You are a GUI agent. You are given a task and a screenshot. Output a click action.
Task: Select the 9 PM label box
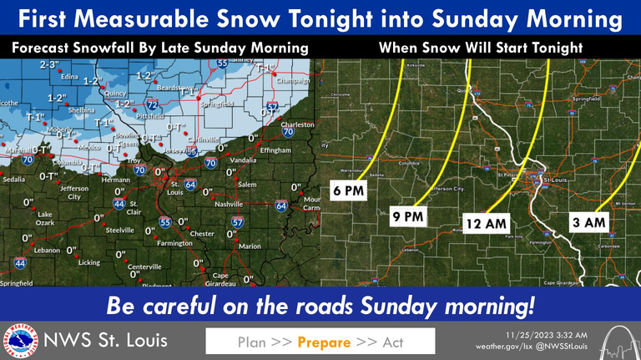(406, 217)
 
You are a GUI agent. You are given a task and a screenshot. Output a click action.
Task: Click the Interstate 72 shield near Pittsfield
(153, 106)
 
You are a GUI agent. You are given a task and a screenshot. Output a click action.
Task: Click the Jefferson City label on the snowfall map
(73, 193)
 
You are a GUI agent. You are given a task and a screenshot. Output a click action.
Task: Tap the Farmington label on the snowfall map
(175, 243)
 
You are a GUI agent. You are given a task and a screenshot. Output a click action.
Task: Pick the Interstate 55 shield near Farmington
(165, 222)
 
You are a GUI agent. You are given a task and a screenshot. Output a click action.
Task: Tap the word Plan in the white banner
(252, 342)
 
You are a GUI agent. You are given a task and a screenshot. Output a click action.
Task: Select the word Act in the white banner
(392, 342)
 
